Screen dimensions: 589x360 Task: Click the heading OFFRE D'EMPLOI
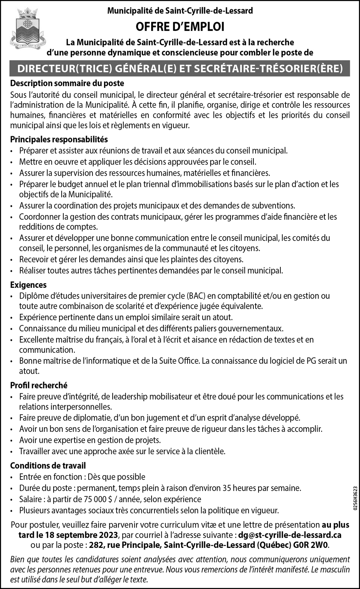[180, 27]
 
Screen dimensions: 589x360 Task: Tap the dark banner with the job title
[180, 68]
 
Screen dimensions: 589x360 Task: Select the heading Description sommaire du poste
[67, 83]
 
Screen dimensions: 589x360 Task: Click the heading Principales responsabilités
[59, 139]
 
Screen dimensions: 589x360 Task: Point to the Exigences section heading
[28, 285]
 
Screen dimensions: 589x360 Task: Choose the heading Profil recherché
[39, 385]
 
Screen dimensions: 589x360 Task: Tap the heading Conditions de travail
[48, 466]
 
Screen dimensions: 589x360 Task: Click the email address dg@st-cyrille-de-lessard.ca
[290, 535]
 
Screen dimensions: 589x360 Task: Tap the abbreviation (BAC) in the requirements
[196, 296]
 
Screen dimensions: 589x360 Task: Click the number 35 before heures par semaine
[227, 488]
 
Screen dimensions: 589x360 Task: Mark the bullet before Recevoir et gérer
[12, 260]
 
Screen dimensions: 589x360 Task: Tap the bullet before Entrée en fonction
[12, 477]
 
